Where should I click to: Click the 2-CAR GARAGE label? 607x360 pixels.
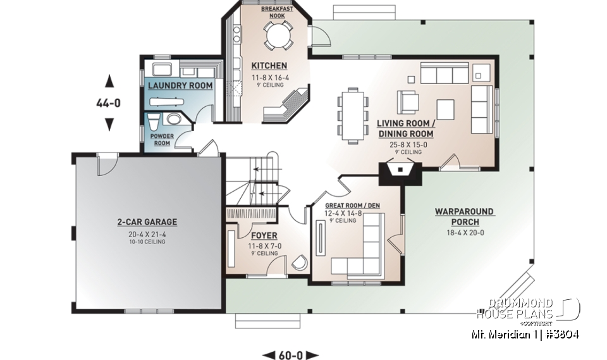coord(147,222)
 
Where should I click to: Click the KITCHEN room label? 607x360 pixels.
coord(269,66)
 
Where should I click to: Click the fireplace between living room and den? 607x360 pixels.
coord(401,172)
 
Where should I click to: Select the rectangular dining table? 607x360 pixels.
coord(353,115)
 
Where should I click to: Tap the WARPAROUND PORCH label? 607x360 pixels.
coord(465,216)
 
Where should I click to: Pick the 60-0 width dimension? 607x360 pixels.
coord(291,354)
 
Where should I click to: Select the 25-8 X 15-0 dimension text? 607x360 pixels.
coord(405,145)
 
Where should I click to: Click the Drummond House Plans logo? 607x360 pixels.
coord(528,309)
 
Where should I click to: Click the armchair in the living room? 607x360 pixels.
coord(408,102)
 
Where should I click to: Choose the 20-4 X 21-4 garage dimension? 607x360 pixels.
coord(147,234)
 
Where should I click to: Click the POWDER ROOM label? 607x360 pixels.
coord(161,140)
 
